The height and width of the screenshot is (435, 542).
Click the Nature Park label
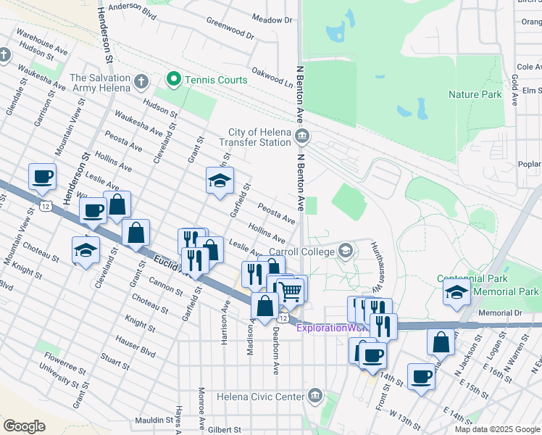(x=475, y=94)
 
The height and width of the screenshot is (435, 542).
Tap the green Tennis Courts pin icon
(x=173, y=79)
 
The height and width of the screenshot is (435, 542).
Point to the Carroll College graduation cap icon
(x=346, y=251)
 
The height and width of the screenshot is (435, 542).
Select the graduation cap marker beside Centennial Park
(x=456, y=292)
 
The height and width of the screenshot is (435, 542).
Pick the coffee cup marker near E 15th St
(x=421, y=377)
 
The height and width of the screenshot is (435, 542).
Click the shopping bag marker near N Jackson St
(x=441, y=341)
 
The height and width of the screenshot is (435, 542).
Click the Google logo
(x=23, y=426)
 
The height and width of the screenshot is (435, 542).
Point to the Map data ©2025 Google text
(x=497, y=429)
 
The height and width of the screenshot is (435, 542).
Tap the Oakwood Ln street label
(x=272, y=79)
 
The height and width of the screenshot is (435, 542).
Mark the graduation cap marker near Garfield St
(x=220, y=181)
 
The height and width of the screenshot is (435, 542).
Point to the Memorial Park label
(x=506, y=291)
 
